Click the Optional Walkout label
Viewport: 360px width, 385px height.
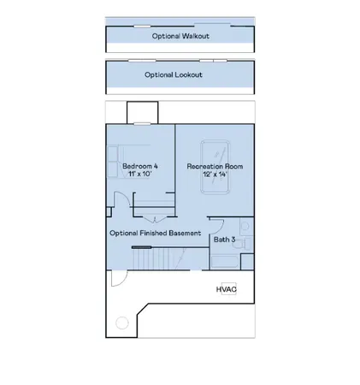[x=180, y=37]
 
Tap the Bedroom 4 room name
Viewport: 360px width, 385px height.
[x=139, y=165]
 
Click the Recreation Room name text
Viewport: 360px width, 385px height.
[x=213, y=165]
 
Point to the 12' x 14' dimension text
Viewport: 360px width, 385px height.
[x=213, y=175]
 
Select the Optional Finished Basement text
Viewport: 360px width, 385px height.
[x=155, y=233]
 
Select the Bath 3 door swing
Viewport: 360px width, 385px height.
[x=215, y=227]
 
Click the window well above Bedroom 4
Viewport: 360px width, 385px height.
[x=142, y=112]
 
